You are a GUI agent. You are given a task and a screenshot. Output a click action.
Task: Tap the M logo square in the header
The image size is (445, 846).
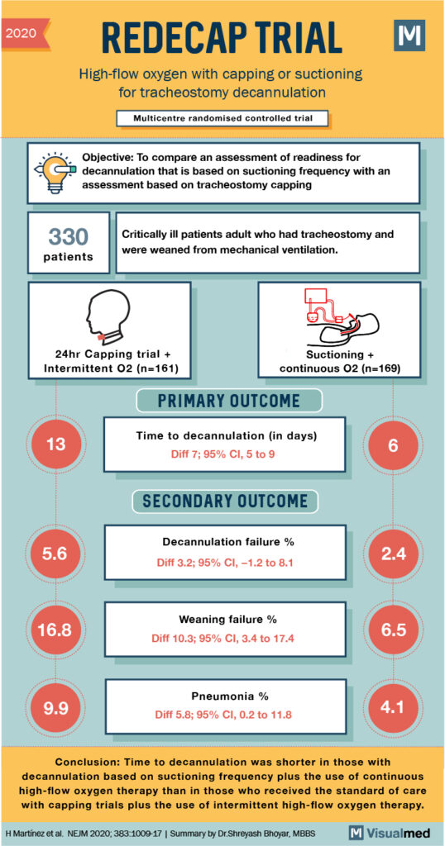coord(409,36)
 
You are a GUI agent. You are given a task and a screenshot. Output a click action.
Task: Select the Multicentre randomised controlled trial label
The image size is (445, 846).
coord(223,118)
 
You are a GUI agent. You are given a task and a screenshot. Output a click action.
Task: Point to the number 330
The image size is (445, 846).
coord(69,237)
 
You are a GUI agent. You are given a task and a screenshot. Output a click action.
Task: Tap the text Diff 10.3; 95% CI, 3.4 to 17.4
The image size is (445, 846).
coord(225,639)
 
